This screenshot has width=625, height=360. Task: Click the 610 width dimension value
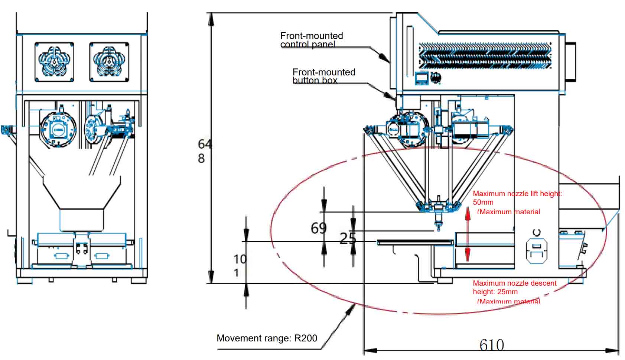(x=492, y=345)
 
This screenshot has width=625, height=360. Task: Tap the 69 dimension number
(x=319, y=228)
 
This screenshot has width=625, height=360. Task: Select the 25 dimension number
(x=348, y=238)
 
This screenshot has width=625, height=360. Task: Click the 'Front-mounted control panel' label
(x=312, y=40)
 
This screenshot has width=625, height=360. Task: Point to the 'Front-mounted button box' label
(x=324, y=76)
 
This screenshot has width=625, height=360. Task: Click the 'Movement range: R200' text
(x=267, y=338)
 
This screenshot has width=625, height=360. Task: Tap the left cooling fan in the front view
(x=54, y=62)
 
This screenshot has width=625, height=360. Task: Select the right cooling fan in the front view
(x=109, y=62)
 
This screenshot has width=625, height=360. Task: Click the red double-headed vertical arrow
(x=468, y=234)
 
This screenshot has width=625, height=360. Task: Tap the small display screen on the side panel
(x=421, y=78)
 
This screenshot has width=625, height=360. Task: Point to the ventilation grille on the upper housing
(x=485, y=56)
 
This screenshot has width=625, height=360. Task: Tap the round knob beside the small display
(x=436, y=78)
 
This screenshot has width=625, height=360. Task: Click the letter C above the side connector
(x=536, y=233)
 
